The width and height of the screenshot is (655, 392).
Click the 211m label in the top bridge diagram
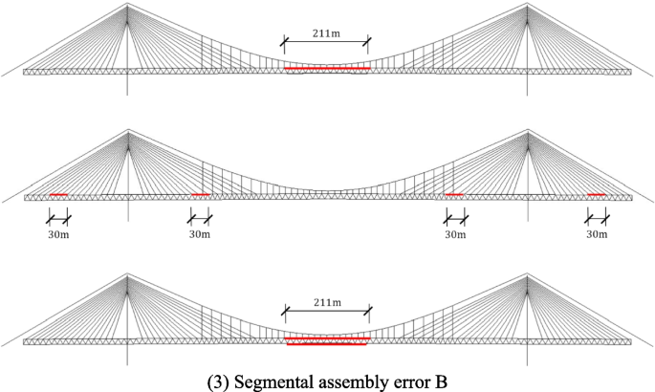[x=326, y=33]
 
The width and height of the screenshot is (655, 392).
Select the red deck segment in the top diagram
[x=327, y=69]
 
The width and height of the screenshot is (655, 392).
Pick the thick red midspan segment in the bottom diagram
[x=327, y=340]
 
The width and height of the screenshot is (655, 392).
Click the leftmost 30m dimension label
[x=58, y=232]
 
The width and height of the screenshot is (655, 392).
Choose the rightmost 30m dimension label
[x=597, y=232]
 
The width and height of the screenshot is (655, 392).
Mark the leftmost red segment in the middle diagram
[x=59, y=195]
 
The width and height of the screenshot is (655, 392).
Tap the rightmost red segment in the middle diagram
[x=597, y=195]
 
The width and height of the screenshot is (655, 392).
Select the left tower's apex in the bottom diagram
[x=128, y=275]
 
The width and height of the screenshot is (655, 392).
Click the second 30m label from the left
[x=200, y=232]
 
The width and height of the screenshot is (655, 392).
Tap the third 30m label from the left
[x=455, y=232]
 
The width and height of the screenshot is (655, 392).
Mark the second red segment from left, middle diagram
[x=200, y=195]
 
